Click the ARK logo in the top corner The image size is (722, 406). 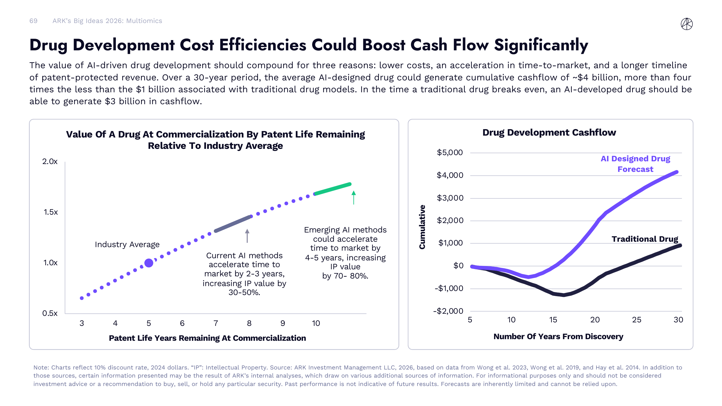(687, 24)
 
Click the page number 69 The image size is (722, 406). (33, 21)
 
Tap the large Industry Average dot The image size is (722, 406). (149, 263)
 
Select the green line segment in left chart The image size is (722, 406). (333, 189)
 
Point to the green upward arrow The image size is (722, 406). (354, 197)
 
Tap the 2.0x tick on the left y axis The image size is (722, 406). (50, 161)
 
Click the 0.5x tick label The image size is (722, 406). (50, 313)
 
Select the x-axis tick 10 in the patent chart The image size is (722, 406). (316, 323)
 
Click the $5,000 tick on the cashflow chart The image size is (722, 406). (450, 152)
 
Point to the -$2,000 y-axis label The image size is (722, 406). (448, 311)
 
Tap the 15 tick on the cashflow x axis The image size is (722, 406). (553, 320)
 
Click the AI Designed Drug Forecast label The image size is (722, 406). (635, 164)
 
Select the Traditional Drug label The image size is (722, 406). (645, 239)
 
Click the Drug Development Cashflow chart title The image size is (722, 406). (549, 133)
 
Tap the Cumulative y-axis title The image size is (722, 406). (422, 227)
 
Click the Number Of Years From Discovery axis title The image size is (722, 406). (558, 336)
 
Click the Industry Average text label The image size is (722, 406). (127, 244)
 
